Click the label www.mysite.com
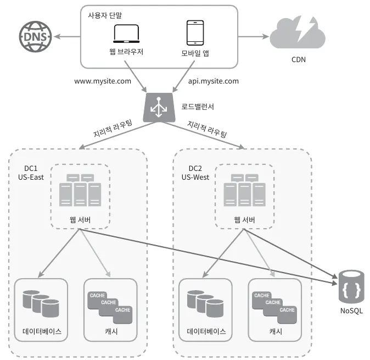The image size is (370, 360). [x=103, y=81]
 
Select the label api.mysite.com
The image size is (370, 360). [x=214, y=81]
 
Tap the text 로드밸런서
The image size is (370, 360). [x=198, y=106]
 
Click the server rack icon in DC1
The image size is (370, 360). [x=80, y=190]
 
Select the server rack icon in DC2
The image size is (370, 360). [x=244, y=190]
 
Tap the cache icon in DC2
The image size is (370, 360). [x=274, y=305]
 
